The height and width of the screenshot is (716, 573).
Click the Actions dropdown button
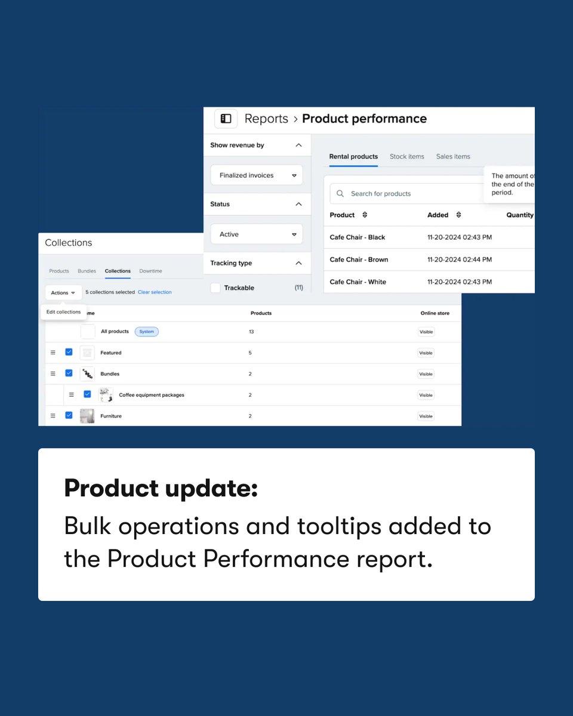pyautogui.click(x=63, y=292)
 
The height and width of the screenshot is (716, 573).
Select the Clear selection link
pyautogui.click(x=155, y=292)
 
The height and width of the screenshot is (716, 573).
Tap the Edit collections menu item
pyautogui.click(x=63, y=312)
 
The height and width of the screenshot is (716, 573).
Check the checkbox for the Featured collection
pyautogui.click(x=69, y=352)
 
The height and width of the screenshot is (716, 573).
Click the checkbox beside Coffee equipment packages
pyautogui.click(x=87, y=394)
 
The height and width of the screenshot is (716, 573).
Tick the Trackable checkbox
pyautogui.click(x=215, y=288)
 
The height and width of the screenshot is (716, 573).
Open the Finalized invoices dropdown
pyautogui.click(x=257, y=175)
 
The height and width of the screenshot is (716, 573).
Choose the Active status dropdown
pyautogui.click(x=257, y=234)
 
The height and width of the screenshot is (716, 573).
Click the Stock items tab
pyautogui.click(x=407, y=156)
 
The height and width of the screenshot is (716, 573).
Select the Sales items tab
pyautogui.click(x=453, y=156)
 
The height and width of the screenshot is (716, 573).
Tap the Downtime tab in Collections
pyautogui.click(x=150, y=271)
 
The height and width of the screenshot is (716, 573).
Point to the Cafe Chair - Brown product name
pyautogui.click(x=359, y=260)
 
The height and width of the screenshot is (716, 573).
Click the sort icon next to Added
pyautogui.click(x=458, y=215)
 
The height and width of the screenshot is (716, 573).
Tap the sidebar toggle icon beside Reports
pyautogui.click(x=226, y=119)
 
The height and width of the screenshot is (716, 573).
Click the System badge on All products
pyautogui.click(x=147, y=332)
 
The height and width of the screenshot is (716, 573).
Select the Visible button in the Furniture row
pyautogui.click(x=426, y=416)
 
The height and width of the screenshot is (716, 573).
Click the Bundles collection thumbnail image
pyautogui.click(x=87, y=374)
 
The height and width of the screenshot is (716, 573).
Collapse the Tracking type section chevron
pyautogui.click(x=298, y=263)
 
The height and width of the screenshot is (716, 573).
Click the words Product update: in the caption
pyautogui.click(x=161, y=488)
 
